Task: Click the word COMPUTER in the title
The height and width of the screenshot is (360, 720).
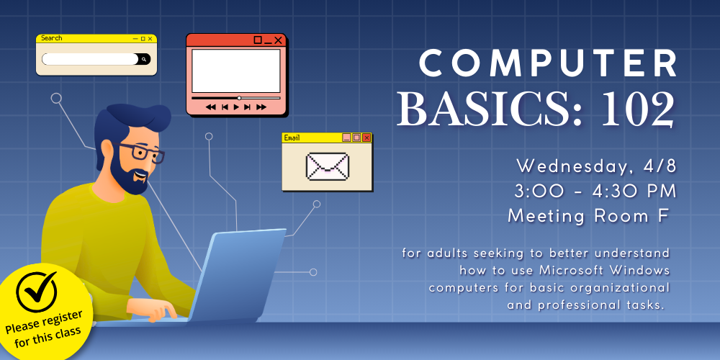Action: pyautogui.click(x=549, y=65)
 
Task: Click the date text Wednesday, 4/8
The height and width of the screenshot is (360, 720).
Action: pyautogui.click(x=596, y=166)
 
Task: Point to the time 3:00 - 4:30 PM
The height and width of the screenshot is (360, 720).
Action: pyautogui.click(x=595, y=191)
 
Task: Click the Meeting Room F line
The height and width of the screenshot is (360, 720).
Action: pyautogui.click(x=588, y=215)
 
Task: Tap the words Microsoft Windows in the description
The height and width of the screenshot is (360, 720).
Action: pyautogui.click(x=605, y=270)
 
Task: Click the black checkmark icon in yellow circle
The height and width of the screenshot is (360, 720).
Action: pyautogui.click(x=37, y=289)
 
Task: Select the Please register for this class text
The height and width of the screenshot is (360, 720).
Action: pyautogui.click(x=44, y=328)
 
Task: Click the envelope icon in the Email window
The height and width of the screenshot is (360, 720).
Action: pyautogui.click(x=327, y=166)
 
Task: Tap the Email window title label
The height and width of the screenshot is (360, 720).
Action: pyautogui.click(x=292, y=138)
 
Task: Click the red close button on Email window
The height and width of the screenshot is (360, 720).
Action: pyautogui.click(x=366, y=138)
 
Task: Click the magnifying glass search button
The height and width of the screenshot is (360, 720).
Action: pyautogui.click(x=144, y=59)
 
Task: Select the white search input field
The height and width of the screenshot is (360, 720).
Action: pyautogui.click(x=89, y=59)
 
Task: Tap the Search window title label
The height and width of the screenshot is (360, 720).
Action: pyautogui.click(x=52, y=38)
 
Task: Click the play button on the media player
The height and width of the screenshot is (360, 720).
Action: pyautogui.click(x=235, y=107)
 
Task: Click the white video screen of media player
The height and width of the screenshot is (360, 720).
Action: pyautogui.click(x=235, y=71)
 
